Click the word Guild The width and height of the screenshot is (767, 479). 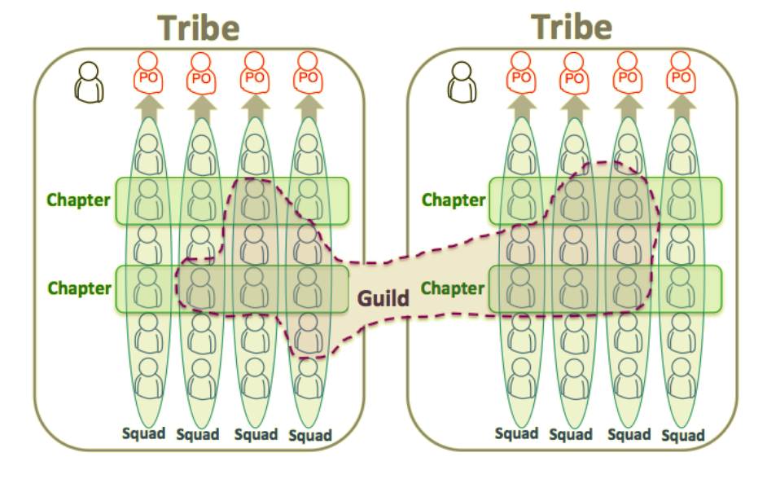click(383, 298)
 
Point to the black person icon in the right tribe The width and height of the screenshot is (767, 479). click(462, 81)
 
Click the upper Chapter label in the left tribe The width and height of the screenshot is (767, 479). click(78, 200)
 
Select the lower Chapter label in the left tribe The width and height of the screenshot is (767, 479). click(79, 288)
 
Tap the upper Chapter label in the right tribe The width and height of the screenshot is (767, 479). click(453, 200)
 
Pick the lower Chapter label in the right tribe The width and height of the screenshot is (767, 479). click(453, 288)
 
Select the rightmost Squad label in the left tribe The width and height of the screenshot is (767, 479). click(309, 436)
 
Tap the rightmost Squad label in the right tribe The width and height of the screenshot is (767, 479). click(682, 436)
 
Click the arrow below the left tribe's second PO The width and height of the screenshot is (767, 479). click(200, 107)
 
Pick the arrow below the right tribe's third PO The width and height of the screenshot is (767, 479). click(627, 107)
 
